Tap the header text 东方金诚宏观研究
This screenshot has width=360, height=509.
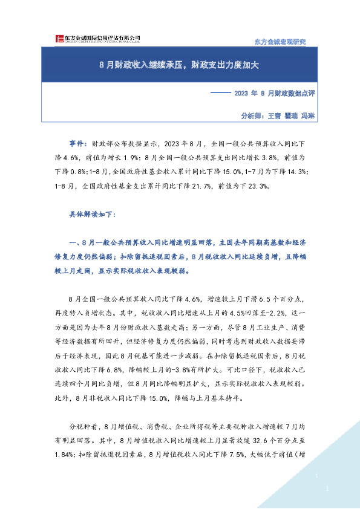pos(278,42)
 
